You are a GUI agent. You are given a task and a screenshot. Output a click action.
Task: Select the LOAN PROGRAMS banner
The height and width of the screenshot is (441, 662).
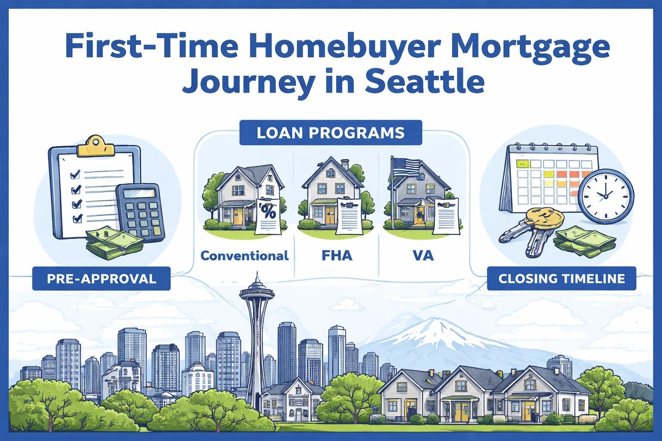[331, 132]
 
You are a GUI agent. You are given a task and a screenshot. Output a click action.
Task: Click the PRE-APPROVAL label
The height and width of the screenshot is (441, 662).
[101, 278]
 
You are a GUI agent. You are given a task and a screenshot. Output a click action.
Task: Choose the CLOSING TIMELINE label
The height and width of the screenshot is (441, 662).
[561, 278]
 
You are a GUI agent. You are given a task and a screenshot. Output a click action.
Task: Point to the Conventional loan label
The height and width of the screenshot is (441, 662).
[244, 256]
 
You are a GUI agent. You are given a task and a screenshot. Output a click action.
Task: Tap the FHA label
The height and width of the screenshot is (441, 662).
[337, 256]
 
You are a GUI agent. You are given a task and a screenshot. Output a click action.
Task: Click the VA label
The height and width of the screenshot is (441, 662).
[422, 256]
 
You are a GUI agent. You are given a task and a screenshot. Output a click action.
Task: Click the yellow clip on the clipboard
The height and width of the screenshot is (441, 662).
[96, 146]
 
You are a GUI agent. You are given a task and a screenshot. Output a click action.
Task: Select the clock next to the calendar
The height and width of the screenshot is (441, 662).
[606, 196]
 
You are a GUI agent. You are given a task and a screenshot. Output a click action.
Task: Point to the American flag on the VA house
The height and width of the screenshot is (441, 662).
[406, 166]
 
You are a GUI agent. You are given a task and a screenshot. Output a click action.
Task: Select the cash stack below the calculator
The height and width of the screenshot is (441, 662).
[114, 243]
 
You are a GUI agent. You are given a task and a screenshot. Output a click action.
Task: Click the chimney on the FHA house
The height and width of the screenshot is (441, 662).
[345, 164]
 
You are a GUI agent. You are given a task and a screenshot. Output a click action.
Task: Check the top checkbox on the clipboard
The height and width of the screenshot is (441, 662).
[75, 174]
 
